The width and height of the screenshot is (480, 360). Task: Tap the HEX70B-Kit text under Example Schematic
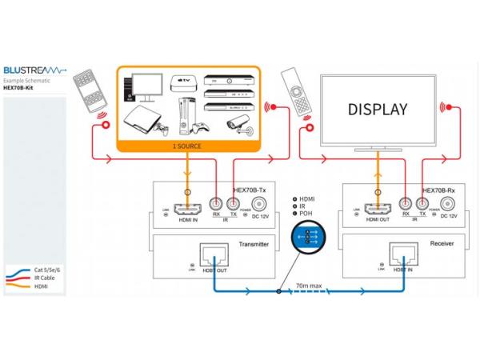19,89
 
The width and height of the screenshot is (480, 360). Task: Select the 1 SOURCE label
187,146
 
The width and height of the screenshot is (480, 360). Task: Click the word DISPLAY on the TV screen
377,110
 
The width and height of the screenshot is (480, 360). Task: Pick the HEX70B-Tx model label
249,190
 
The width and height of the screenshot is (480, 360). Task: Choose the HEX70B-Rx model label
438,190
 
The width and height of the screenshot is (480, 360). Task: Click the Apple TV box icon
180,82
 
